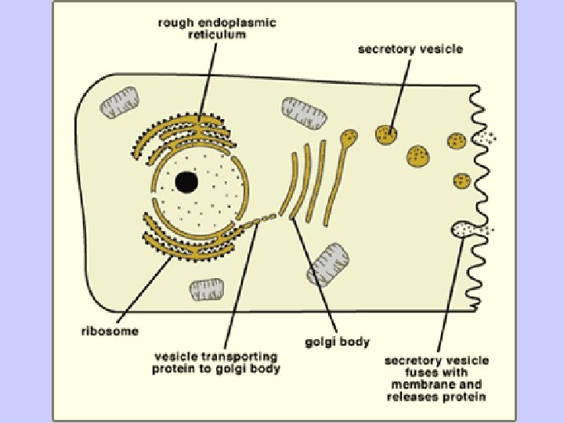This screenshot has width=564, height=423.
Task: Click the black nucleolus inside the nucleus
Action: pos(186,183)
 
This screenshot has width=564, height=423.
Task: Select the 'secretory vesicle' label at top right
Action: pos(410,49)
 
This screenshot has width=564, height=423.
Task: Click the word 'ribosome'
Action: pos(109,331)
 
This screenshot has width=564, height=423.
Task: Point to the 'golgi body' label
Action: pos(337,342)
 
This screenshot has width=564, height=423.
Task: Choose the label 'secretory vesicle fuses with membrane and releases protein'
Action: pos(436,378)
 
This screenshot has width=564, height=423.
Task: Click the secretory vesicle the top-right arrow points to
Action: pos(383,133)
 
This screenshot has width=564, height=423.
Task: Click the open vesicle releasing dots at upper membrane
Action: pos(480,139)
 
